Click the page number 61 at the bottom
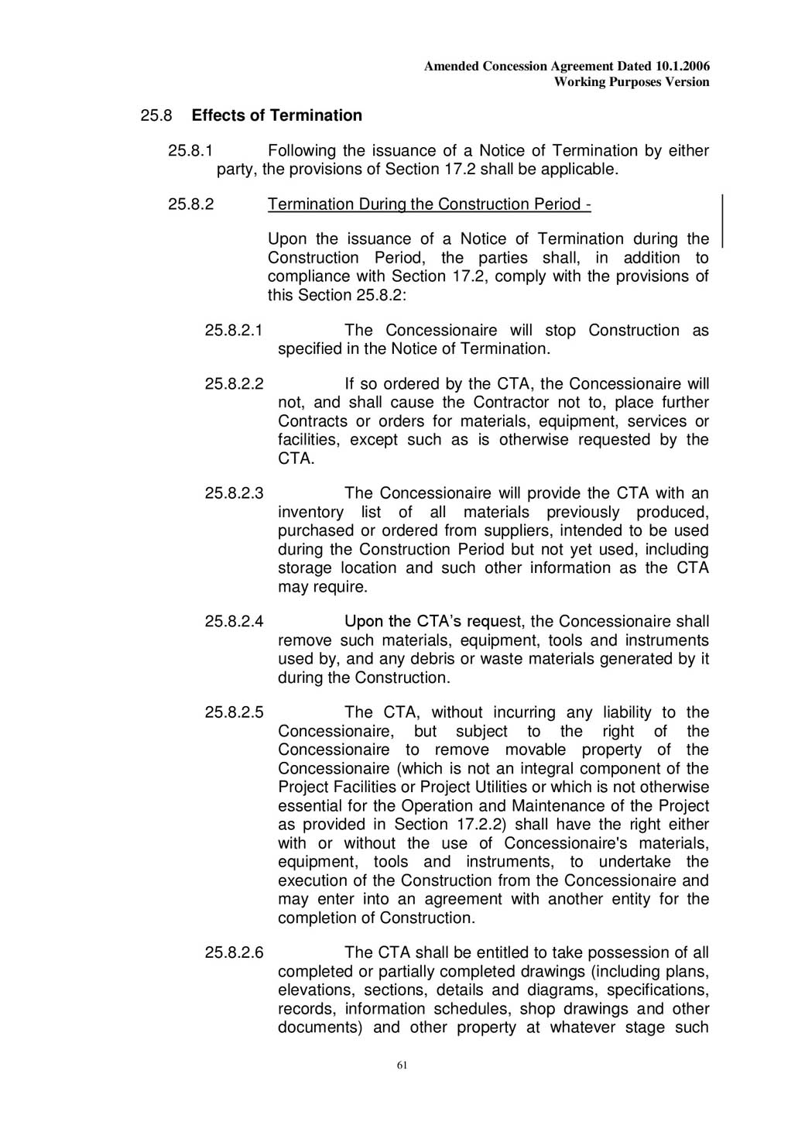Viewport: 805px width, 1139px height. (x=402, y=1065)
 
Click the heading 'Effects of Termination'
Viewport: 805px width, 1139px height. (x=276, y=115)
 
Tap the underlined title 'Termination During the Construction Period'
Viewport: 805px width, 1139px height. (x=429, y=204)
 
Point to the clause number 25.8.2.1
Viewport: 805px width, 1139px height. (x=234, y=330)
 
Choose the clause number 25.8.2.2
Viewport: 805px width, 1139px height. (x=234, y=384)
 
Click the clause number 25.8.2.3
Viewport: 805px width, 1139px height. (x=234, y=493)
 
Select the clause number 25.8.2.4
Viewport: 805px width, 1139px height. (x=234, y=621)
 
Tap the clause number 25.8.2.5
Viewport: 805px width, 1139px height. (x=234, y=712)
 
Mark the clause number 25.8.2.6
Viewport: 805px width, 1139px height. (x=234, y=952)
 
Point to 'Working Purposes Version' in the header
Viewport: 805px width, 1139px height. (x=632, y=82)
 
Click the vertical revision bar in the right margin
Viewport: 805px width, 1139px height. (x=722, y=221)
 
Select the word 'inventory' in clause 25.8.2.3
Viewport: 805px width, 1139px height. (x=310, y=512)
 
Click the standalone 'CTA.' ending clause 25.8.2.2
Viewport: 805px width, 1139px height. (x=296, y=458)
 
